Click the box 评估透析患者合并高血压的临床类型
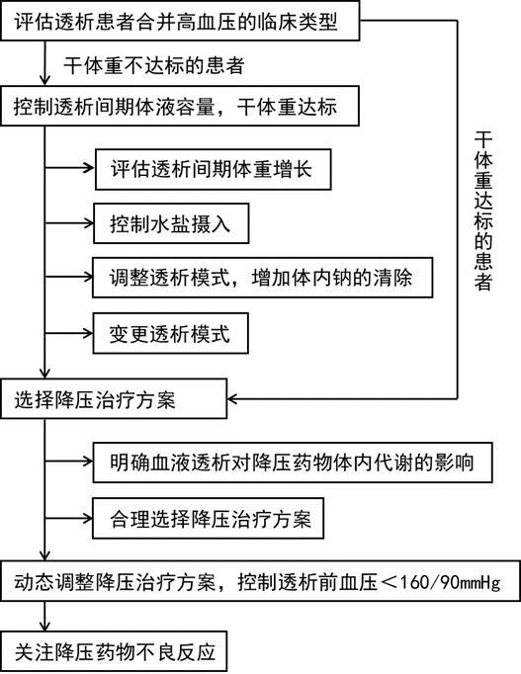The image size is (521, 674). pyautogui.click(x=180, y=21)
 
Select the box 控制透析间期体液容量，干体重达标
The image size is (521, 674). pyautogui.click(x=180, y=106)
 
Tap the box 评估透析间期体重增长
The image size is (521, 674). pyautogui.click(x=214, y=169)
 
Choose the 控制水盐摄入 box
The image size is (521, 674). pyautogui.click(x=171, y=223)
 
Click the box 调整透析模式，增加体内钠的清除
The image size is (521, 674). pyautogui.click(x=263, y=278)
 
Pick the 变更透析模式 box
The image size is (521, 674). pyautogui.click(x=171, y=334)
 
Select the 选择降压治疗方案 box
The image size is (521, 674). pyautogui.click(x=114, y=399)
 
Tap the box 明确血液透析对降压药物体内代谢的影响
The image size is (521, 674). pyautogui.click(x=293, y=463)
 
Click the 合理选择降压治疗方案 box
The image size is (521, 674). pyautogui.click(x=209, y=519)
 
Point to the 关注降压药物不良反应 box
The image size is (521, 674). pyautogui.click(x=114, y=651)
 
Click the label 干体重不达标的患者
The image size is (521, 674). pyautogui.click(x=154, y=66)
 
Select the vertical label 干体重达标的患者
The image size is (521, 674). pyautogui.click(x=483, y=211)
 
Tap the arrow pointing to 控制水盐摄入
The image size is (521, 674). pyautogui.click(x=69, y=223)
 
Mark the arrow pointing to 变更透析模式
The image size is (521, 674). pyautogui.click(x=69, y=333)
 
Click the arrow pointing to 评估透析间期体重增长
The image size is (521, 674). pyautogui.click(x=69, y=168)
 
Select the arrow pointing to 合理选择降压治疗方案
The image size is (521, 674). pyautogui.click(x=69, y=518)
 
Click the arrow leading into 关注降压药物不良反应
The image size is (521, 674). pyautogui.click(x=44, y=617)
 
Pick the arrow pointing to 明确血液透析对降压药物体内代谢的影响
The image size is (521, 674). pyautogui.click(x=69, y=462)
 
